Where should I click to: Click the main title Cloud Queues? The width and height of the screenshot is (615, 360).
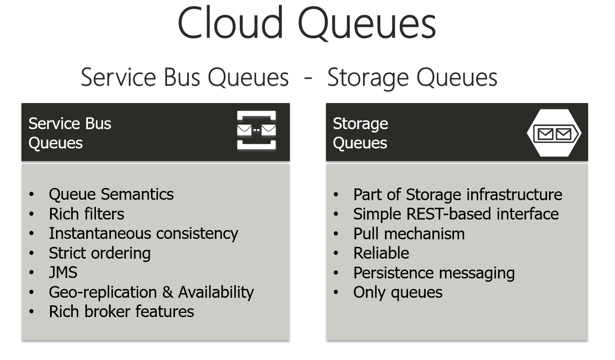click(x=307, y=24)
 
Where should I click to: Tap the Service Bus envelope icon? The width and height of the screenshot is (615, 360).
click(x=256, y=130)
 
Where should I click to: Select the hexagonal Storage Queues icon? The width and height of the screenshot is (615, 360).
click(x=554, y=133)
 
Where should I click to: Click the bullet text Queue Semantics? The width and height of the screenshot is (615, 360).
click(x=111, y=194)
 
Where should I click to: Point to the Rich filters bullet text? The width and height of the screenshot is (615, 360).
click(x=86, y=214)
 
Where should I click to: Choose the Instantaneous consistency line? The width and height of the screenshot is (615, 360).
click(x=143, y=233)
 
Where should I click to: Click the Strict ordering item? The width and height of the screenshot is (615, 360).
click(x=99, y=253)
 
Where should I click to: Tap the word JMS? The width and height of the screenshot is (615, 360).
click(x=63, y=273)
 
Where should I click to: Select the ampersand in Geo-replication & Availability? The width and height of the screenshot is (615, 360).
click(x=167, y=292)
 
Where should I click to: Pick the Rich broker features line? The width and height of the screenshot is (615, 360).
click(x=121, y=312)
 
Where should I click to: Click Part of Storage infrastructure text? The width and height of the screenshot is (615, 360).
click(x=457, y=195)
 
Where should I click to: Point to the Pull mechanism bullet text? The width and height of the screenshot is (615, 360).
click(x=408, y=234)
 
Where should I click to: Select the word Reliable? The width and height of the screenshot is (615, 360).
click(x=381, y=253)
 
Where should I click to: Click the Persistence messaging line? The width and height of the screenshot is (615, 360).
click(x=434, y=273)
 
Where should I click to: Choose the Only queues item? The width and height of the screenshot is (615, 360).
click(x=398, y=292)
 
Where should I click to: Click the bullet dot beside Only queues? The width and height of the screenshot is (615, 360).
click(x=336, y=292)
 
